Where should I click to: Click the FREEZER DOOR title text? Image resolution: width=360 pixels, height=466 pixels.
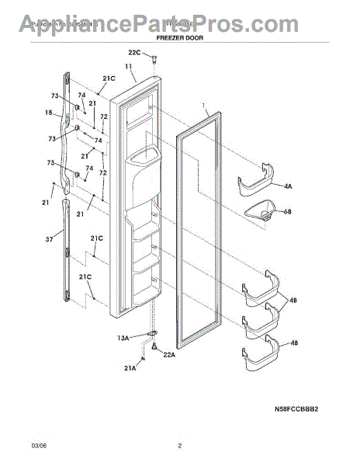[179, 37]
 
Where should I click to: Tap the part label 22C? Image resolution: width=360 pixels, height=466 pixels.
[134, 52]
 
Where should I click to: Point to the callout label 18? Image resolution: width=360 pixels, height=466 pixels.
[49, 113]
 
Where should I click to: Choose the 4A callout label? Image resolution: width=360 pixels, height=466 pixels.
[288, 186]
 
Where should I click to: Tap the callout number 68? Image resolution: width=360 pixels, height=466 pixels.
[289, 210]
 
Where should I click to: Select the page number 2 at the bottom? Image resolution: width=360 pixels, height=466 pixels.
[179, 446]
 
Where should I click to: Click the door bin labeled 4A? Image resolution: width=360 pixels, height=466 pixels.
[257, 183]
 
